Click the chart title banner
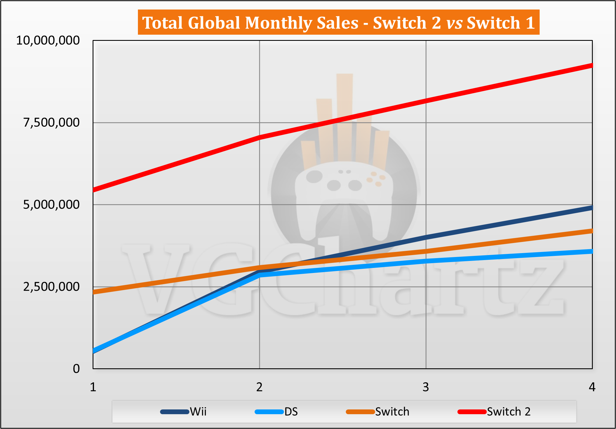[x=338, y=22]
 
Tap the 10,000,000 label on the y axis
[x=48, y=41]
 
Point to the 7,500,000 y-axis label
[x=51, y=122]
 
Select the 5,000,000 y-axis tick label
[x=51, y=205]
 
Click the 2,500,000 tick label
[x=51, y=287]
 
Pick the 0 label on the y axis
[x=76, y=369]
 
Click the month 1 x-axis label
[x=93, y=387]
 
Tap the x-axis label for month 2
[x=259, y=387]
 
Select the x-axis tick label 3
[x=425, y=387]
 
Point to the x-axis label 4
[x=592, y=387]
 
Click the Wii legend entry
[x=184, y=412]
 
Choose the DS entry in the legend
[x=276, y=412]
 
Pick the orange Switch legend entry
[x=378, y=412]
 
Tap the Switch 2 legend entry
[x=494, y=412]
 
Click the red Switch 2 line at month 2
[x=260, y=137]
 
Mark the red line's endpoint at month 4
[x=591, y=66]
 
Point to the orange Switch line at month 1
[x=94, y=292]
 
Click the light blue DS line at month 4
[x=591, y=251]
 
